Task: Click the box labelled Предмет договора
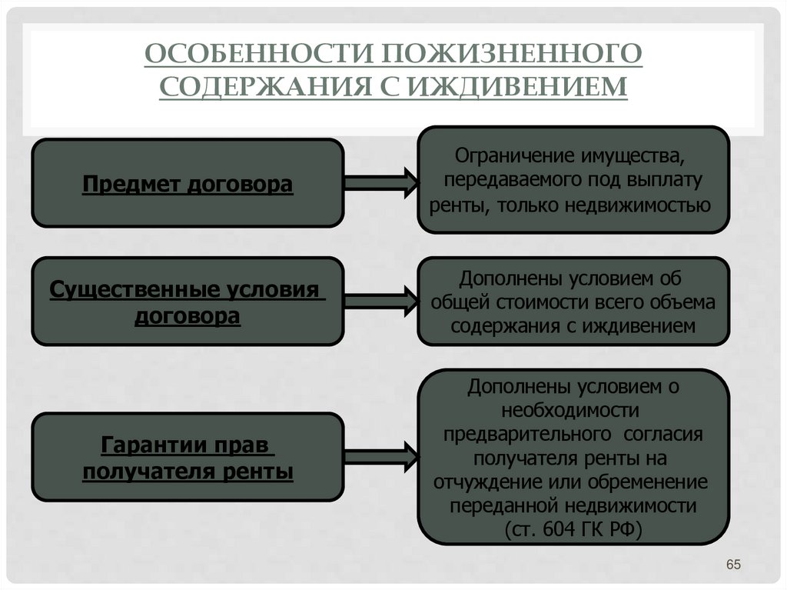[188, 183]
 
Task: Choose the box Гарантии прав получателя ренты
[188, 457]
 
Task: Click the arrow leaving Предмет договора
[380, 183]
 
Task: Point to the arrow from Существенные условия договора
[380, 301]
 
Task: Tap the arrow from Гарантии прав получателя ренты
[380, 457]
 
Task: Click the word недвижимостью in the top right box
[637, 206]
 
